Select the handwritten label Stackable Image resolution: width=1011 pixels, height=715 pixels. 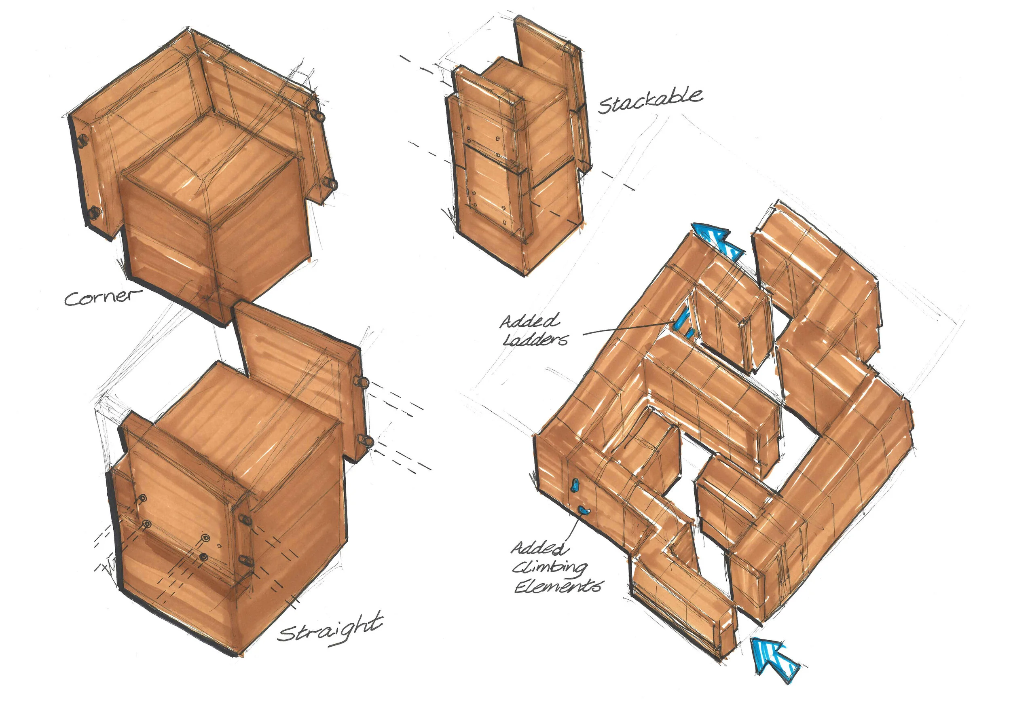click(x=650, y=101)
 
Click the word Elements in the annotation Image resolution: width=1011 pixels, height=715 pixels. click(x=558, y=587)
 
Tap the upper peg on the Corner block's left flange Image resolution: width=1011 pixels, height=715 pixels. click(x=82, y=140)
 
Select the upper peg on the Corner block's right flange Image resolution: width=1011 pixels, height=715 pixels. click(x=318, y=116)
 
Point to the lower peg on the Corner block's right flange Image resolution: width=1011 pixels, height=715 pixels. click(x=330, y=183)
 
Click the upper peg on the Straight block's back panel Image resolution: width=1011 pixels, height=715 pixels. click(x=362, y=382)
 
